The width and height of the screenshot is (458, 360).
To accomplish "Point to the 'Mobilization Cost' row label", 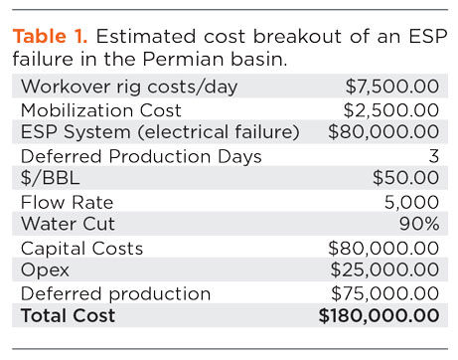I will pos(97,109).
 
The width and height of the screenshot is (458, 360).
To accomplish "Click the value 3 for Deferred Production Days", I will pos(432,155).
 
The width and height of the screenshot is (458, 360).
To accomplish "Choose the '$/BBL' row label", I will pos(46,178).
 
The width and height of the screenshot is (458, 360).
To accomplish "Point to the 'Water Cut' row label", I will pos(65,223).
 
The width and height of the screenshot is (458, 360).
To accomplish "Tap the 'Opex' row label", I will pos(43,270).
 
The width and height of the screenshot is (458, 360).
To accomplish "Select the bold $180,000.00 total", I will pos(379,316).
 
